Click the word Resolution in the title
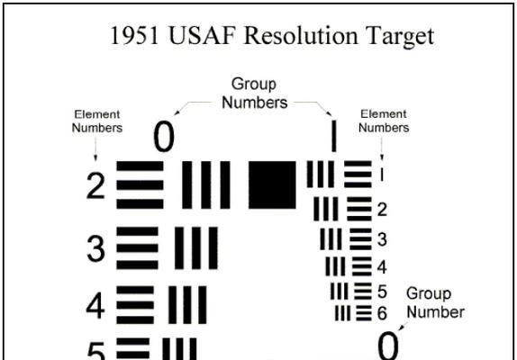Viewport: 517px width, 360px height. point(301,35)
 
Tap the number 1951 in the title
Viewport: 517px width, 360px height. point(134,35)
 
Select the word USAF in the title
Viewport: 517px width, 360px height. point(202,35)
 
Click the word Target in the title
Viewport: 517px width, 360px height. point(400,37)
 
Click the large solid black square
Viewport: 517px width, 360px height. point(272,184)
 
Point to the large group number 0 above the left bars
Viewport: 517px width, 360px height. point(164,137)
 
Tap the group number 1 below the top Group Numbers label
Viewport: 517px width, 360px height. point(334,136)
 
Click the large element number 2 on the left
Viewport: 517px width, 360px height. point(95,185)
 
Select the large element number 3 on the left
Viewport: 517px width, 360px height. point(96,248)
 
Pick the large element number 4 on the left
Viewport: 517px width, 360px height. point(95,306)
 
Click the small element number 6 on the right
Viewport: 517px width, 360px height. point(382,313)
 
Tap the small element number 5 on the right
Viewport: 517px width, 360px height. point(382,292)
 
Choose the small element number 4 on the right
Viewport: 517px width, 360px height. point(382,267)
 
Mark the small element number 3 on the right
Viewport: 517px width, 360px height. point(382,239)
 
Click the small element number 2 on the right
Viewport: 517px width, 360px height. point(382,210)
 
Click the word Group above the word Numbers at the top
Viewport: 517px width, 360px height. point(254,85)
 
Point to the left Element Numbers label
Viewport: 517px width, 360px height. point(97,121)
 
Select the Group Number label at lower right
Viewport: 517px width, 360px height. point(435,302)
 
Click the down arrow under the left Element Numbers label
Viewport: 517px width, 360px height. point(95,148)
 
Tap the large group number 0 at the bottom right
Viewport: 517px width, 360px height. point(388,346)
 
